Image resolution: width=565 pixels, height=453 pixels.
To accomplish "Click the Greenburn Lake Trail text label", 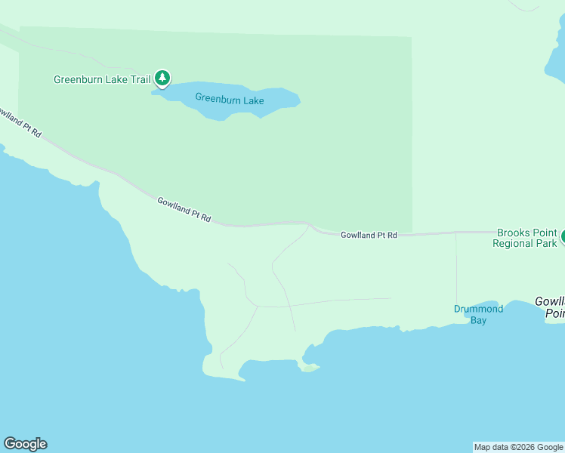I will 102,79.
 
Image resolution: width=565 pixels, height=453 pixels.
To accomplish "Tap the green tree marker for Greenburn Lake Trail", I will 162,78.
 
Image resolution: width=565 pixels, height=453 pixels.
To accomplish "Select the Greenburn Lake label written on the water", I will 229,98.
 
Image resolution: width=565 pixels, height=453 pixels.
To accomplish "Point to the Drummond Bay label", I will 478,314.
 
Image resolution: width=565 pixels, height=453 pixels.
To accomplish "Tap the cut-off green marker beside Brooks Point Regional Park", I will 561,237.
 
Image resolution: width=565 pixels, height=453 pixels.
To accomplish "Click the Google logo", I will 25,444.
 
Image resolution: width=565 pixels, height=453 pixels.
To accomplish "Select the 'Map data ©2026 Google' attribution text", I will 518,447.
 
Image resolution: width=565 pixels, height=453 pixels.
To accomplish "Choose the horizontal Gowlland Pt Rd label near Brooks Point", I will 369,236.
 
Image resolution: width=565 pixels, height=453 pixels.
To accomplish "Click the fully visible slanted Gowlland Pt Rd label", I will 184,210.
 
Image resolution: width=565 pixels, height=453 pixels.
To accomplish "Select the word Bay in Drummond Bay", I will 478,320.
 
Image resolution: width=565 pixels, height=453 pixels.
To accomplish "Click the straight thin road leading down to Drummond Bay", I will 456,272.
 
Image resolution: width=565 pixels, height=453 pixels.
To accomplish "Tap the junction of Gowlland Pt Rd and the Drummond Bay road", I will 456,233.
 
